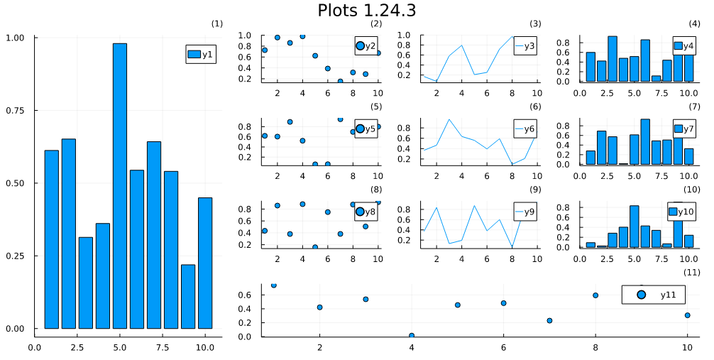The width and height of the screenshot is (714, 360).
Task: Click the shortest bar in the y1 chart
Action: (x=188, y=296)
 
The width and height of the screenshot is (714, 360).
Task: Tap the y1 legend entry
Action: (x=202, y=55)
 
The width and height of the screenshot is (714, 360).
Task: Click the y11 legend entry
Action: (x=654, y=295)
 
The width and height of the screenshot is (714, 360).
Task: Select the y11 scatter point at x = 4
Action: (x=412, y=335)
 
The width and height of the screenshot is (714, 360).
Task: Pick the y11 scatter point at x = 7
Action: (x=549, y=320)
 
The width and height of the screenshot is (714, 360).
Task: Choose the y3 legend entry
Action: (x=524, y=47)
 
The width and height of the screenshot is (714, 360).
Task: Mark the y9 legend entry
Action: (x=524, y=212)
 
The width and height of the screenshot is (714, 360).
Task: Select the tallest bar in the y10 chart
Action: (x=678, y=226)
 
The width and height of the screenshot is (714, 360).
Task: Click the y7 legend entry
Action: (x=685, y=129)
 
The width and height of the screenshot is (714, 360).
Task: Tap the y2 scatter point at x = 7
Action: (x=340, y=81)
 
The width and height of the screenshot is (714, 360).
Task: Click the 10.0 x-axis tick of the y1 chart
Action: (x=205, y=347)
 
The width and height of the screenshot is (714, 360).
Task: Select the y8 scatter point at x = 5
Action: (x=315, y=247)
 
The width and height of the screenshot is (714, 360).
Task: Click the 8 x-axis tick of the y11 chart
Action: (x=595, y=347)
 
